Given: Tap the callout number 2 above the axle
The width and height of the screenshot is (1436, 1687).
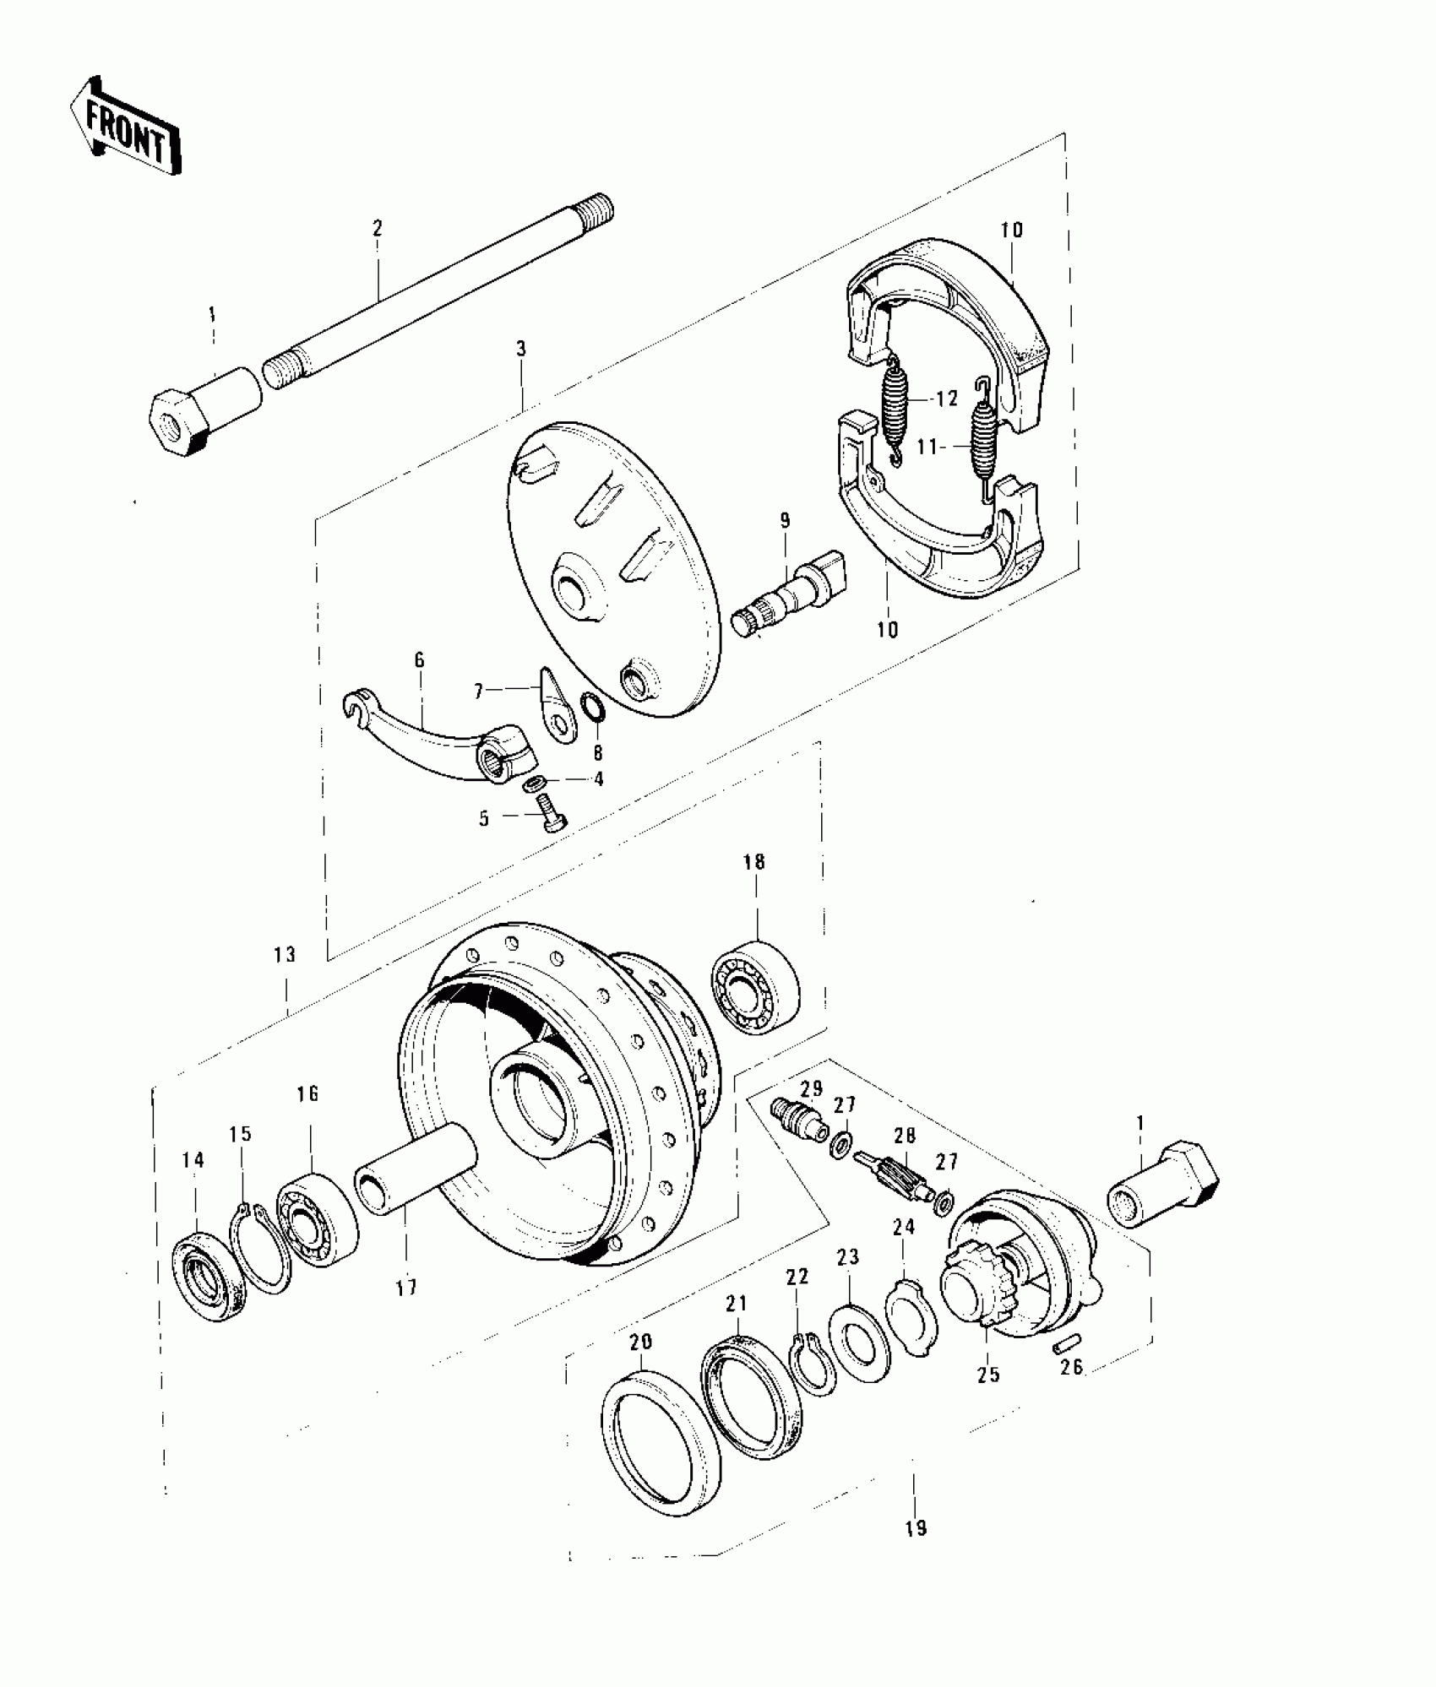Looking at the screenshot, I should [x=377, y=228].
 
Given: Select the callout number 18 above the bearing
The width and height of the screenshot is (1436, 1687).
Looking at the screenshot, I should [x=753, y=862].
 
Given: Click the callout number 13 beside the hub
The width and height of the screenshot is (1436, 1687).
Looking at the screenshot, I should [x=285, y=954].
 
